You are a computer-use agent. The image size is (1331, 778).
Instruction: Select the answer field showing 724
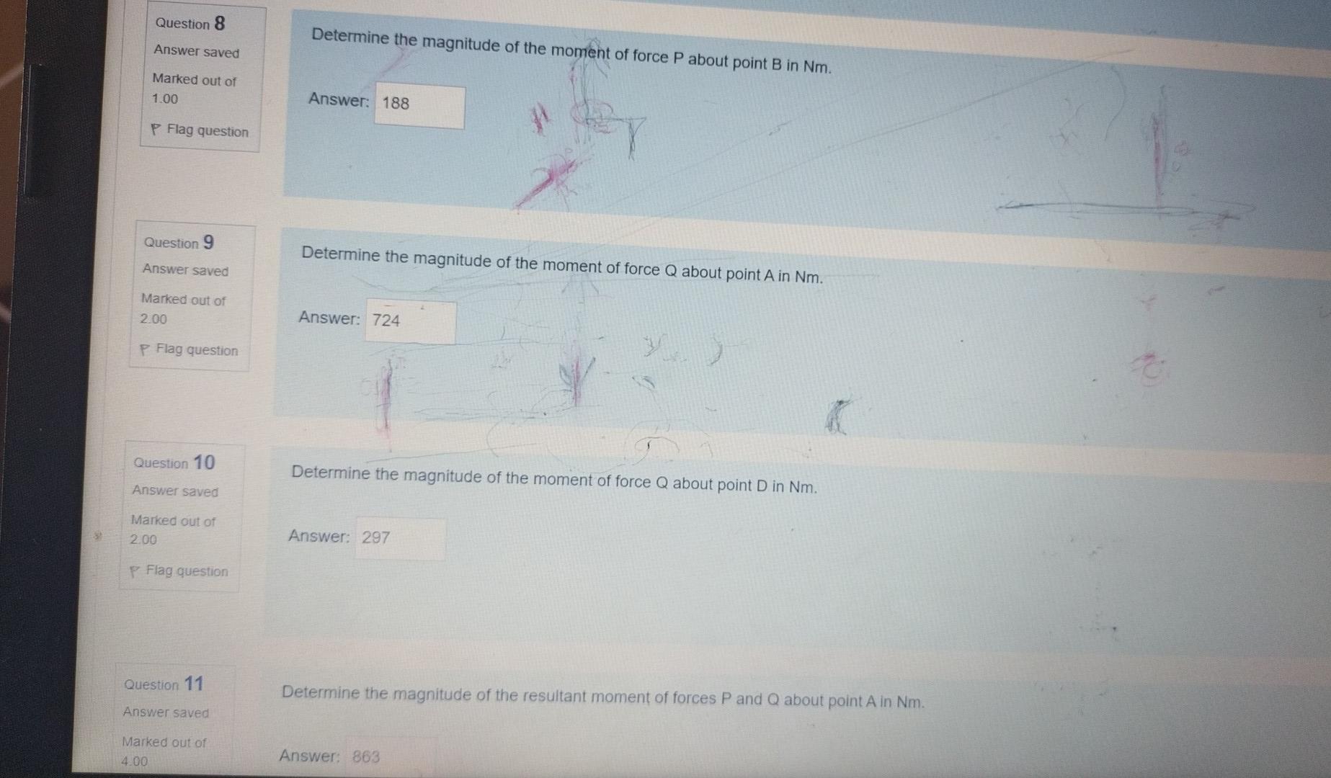coord(410,321)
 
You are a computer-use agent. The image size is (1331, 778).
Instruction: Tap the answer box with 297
coord(399,539)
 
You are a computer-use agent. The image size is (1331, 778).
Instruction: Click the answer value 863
coord(366,756)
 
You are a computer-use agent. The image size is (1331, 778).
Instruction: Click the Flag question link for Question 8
coord(207,130)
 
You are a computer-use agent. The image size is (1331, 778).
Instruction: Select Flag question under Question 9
coord(196,350)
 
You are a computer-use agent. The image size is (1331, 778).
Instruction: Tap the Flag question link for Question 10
coord(186,571)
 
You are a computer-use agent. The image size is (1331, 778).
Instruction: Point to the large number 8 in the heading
coord(220,24)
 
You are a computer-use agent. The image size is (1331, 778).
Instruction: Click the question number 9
coord(208,242)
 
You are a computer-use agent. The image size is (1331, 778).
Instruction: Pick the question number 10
coord(204,462)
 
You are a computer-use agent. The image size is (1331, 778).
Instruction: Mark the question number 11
coord(194,683)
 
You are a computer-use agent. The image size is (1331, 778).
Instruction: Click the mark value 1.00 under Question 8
coord(165,99)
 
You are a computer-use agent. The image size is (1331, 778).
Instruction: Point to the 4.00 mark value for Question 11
coord(135,761)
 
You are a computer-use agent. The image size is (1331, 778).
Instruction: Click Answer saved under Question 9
coord(185,270)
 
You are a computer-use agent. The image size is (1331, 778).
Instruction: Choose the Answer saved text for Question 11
coord(166,712)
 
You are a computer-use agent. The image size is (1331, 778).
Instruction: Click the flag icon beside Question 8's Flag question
coord(156,130)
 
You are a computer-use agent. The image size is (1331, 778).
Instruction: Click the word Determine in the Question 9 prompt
coord(339,254)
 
